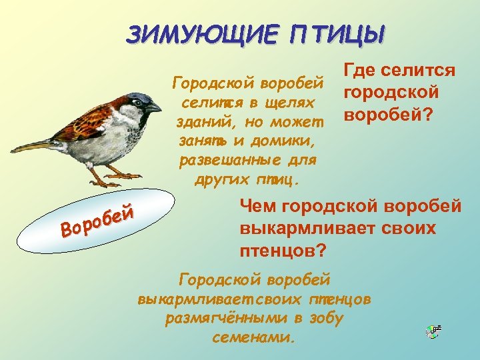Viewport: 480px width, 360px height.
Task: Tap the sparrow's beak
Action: coord(155,106)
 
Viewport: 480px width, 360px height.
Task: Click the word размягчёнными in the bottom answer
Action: coord(223,319)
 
